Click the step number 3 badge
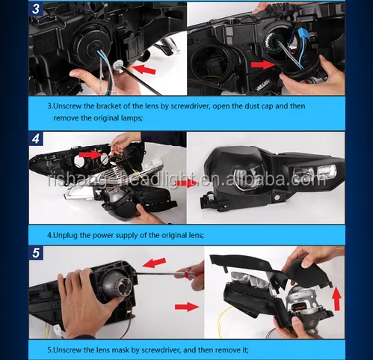tap(36, 9)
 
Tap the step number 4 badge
tap(36, 138)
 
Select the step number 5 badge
tap(36, 253)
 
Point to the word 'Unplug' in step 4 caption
tap(66, 235)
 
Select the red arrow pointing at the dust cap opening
tap(262, 64)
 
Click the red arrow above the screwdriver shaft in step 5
tap(154, 263)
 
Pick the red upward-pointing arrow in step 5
tap(336, 299)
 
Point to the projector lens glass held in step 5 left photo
tap(125, 287)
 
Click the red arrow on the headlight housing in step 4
tap(90, 155)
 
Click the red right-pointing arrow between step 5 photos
tap(187, 307)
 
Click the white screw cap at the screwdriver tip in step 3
tap(117, 66)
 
